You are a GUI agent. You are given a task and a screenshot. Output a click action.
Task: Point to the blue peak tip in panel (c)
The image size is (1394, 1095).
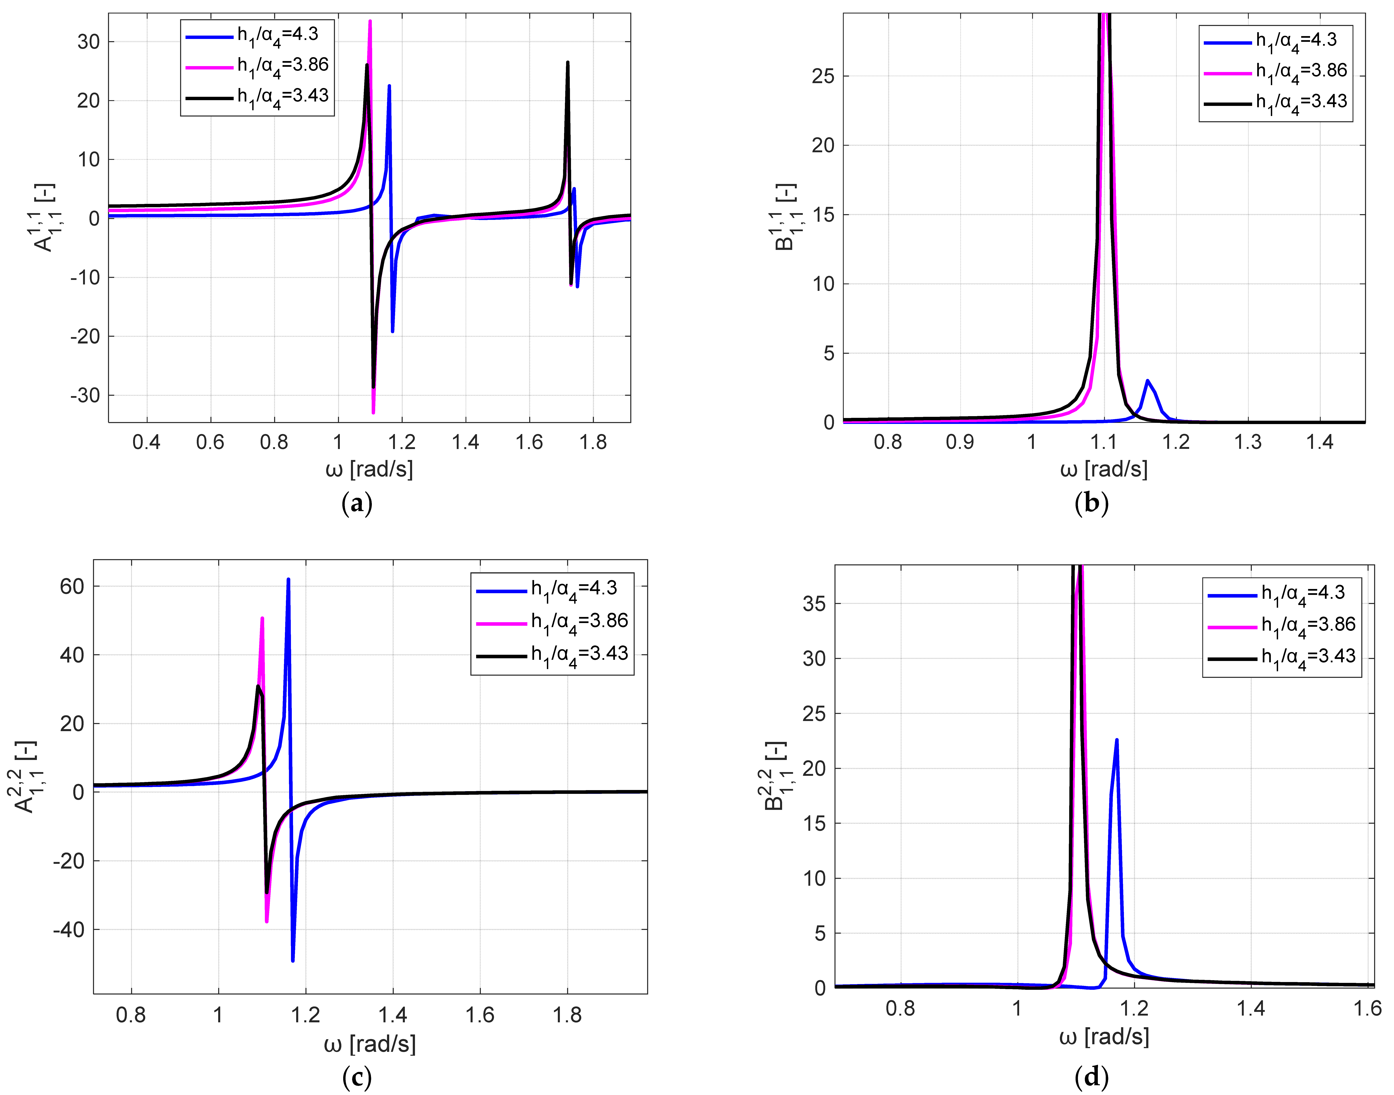[x=288, y=580]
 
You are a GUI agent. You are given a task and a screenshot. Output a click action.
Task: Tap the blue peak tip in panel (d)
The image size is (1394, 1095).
[x=1117, y=740]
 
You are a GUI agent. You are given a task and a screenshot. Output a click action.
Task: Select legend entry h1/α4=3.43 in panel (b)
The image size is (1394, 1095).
[x=1300, y=102]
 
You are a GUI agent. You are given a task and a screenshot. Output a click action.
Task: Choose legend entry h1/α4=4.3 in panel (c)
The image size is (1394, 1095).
[x=573, y=588]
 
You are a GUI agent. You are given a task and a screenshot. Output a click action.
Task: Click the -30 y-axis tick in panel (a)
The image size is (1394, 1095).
[x=85, y=396]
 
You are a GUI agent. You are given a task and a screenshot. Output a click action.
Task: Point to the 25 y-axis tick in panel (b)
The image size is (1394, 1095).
[x=823, y=76]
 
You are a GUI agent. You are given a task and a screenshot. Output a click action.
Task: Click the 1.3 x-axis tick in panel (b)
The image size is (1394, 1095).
[x=1248, y=442]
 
